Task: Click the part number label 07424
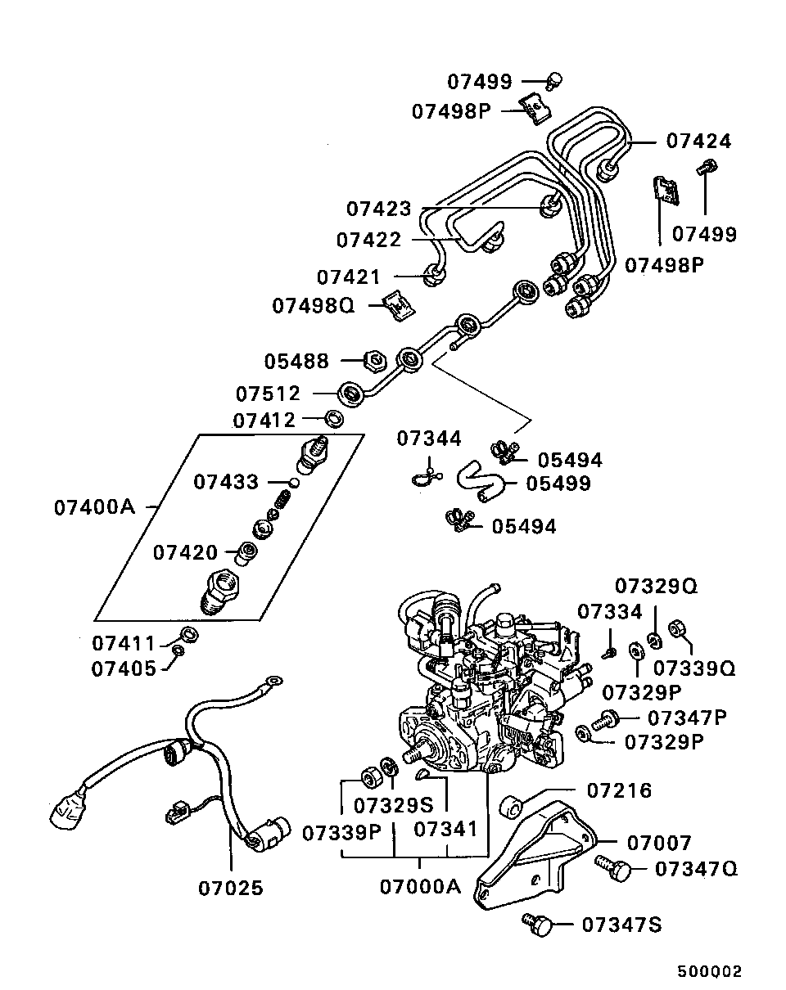(x=698, y=142)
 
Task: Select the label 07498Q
(x=314, y=305)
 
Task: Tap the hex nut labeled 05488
(x=372, y=359)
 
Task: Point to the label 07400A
(x=93, y=507)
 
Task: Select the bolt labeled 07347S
(x=537, y=924)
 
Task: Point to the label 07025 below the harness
(x=231, y=888)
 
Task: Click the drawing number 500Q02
(x=708, y=972)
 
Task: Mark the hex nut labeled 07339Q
(x=678, y=629)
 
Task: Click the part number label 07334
(x=610, y=611)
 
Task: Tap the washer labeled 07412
(x=334, y=420)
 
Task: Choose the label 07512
(x=269, y=394)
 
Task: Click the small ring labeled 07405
(x=178, y=651)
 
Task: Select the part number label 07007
(x=659, y=842)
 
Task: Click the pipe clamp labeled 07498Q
(x=399, y=304)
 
